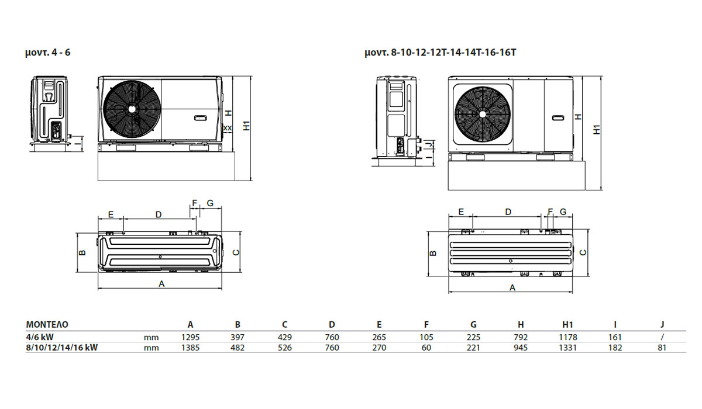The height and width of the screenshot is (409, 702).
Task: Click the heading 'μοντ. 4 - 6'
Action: (x=47, y=52)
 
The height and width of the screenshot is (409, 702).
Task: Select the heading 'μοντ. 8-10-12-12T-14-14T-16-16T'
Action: (x=440, y=52)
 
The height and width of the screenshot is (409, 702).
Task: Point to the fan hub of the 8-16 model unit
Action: (x=483, y=114)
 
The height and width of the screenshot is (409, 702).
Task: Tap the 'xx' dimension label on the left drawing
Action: (x=228, y=128)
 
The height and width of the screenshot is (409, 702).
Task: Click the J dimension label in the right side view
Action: (x=431, y=144)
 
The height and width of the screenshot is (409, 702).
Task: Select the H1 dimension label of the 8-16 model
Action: (x=597, y=129)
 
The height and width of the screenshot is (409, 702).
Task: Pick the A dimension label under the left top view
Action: (x=161, y=284)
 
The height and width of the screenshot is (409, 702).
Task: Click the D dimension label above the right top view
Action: (x=508, y=212)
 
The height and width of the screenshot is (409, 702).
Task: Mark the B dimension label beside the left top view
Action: (x=82, y=252)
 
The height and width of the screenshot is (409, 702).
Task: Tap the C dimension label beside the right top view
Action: (x=583, y=252)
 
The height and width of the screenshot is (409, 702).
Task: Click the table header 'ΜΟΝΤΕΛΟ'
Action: (x=47, y=324)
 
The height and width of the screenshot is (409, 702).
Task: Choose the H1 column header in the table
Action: (x=567, y=324)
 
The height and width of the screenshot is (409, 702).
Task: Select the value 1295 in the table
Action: (x=190, y=337)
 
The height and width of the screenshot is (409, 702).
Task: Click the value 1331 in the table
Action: (x=567, y=348)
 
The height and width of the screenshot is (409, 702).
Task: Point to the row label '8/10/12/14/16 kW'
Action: (x=62, y=348)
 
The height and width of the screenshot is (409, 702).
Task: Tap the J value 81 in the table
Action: (x=662, y=348)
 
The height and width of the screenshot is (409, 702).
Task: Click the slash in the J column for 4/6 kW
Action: (x=662, y=337)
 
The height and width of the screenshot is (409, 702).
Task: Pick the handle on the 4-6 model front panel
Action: (x=199, y=118)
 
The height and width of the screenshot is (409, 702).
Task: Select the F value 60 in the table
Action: (x=426, y=348)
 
